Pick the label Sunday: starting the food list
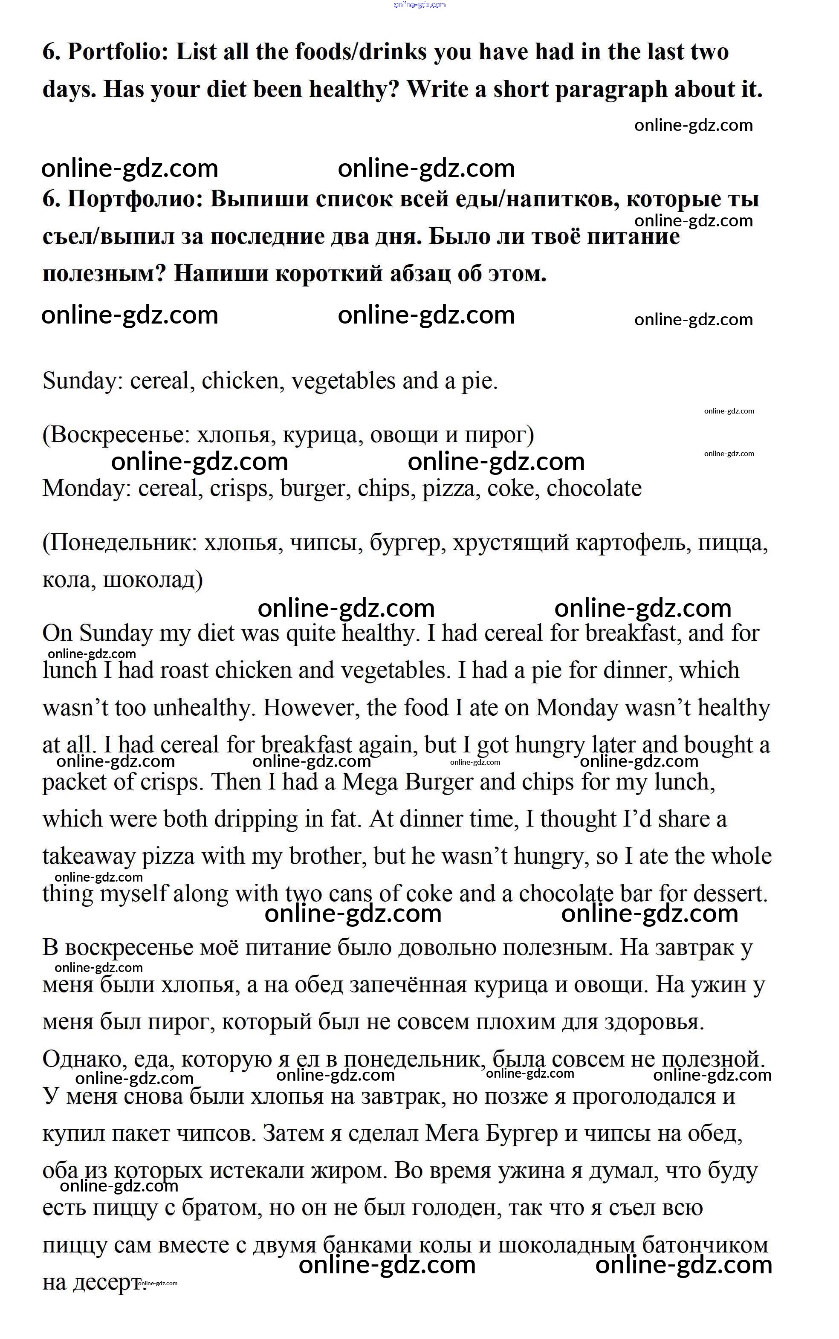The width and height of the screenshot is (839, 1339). (83, 382)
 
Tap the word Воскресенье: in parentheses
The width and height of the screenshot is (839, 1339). (116, 435)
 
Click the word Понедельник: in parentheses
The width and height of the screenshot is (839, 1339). (120, 543)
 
